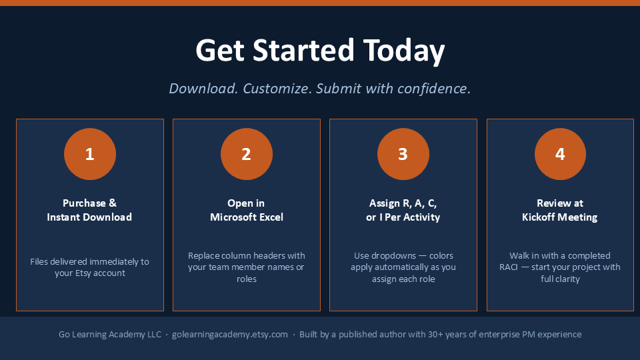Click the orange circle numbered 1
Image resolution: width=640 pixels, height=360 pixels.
pyautogui.click(x=90, y=154)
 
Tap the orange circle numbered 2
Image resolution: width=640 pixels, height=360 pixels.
pyautogui.click(x=247, y=154)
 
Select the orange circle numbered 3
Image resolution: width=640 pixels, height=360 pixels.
pyautogui.click(x=403, y=154)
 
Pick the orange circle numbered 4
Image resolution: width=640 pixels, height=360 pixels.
pyautogui.click(x=560, y=154)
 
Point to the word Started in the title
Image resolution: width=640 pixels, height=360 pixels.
pyautogui.click(x=303, y=50)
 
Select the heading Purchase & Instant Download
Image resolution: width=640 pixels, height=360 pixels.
pyautogui.click(x=89, y=210)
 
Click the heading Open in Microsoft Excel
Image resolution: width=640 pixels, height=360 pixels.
pyautogui.click(x=247, y=210)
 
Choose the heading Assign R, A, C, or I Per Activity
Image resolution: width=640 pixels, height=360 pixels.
pyautogui.click(x=403, y=210)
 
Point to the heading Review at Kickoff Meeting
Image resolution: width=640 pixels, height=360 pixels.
pyautogui.click(x=560, y=210)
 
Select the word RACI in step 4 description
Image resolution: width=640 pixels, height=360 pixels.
pyautogui.click(x=509, y=267)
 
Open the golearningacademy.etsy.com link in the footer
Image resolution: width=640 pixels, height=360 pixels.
pyautogui.click(x=230, y=334)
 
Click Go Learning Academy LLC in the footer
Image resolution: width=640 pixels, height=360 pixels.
pyautogui.click(x=110, y=334)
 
